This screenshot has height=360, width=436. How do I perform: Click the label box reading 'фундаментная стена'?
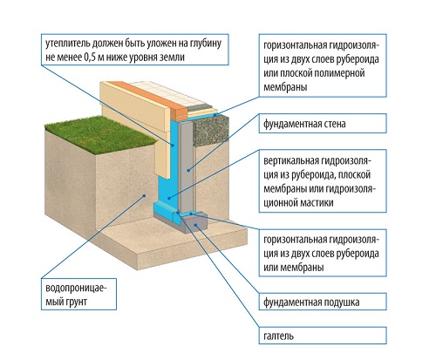pyautogui.click(x=323, y=124)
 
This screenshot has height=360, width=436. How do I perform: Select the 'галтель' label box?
pyautogui.click(x=323, y=336)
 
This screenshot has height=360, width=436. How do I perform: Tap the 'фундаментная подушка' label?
pyautogui.click(x=323, y=302)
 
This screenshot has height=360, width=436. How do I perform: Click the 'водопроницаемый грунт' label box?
pyautogui.click(x=78, y=294)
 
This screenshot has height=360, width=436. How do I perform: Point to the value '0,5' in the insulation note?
pyautogui.click(x=91, y=58)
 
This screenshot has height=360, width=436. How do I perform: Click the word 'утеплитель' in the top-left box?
pyautogui.click(x=68, y=44)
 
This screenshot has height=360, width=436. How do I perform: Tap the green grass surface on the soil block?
pyautogui.click(x=99, y=133)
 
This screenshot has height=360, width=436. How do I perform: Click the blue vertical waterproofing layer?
pyautogui.click(x=167, y=174)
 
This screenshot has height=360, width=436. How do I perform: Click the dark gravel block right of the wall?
pyautogui.click(x=211, y=129)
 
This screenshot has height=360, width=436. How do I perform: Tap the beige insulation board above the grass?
pyautogui.click(x=137, y=122)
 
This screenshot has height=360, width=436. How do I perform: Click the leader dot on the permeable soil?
pyautogui.click(x=144, y=196)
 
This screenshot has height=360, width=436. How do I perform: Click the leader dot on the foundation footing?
pyautogui.click(x=196, y=225)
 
